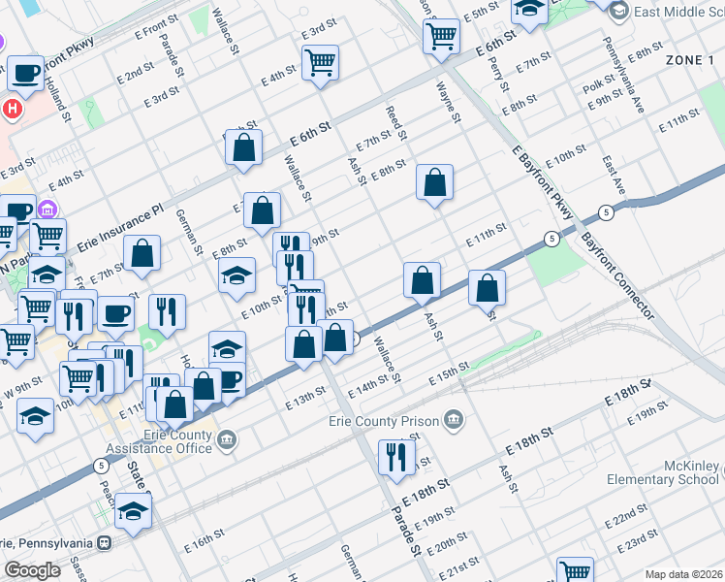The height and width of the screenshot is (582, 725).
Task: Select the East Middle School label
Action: coord(677,12)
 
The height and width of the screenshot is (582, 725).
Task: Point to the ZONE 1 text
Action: coord(689,60)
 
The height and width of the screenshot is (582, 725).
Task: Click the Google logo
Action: coord(31,570)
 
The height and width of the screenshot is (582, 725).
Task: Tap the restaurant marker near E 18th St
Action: coord(395,457)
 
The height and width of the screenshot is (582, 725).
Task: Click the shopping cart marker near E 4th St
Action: coord(320,64)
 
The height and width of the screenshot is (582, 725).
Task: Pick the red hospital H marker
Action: coord(12,108)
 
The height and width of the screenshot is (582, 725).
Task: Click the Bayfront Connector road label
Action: coord(615,275)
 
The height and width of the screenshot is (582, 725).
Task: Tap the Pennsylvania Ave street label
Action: coord(622,75)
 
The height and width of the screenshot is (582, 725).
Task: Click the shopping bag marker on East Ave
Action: coord(487,288)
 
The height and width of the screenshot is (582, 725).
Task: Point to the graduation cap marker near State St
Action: coord(134,510)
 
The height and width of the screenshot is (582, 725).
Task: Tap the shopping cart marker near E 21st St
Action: coord(575,572)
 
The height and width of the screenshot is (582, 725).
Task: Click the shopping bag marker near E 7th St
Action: coord(244,147)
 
